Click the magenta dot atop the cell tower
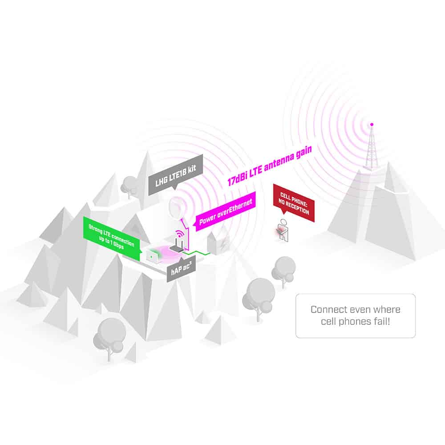pyautogui.click(x=372, y=124)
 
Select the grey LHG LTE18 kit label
pyautogui.click(x=176, y=174)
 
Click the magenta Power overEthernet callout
pyautogui.click(x=226, y=211)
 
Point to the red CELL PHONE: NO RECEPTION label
pyautogui.click(x=294, y=202)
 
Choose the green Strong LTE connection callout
pyautogui.click(x=112, y=238)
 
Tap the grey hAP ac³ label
pyautogui.click(x=182, y=269)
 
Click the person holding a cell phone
pyautogui.click(x=283, y=231)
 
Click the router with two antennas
pyautogui.click(x=177, y=246)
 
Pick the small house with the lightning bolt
pyautogui.click(x=218, y=243)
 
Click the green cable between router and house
pyautogui.click(x=197, y=253)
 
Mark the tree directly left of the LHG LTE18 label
pyautogui.click(x=129, y=186)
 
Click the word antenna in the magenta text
pyautogui.click(x=279, y=162)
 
